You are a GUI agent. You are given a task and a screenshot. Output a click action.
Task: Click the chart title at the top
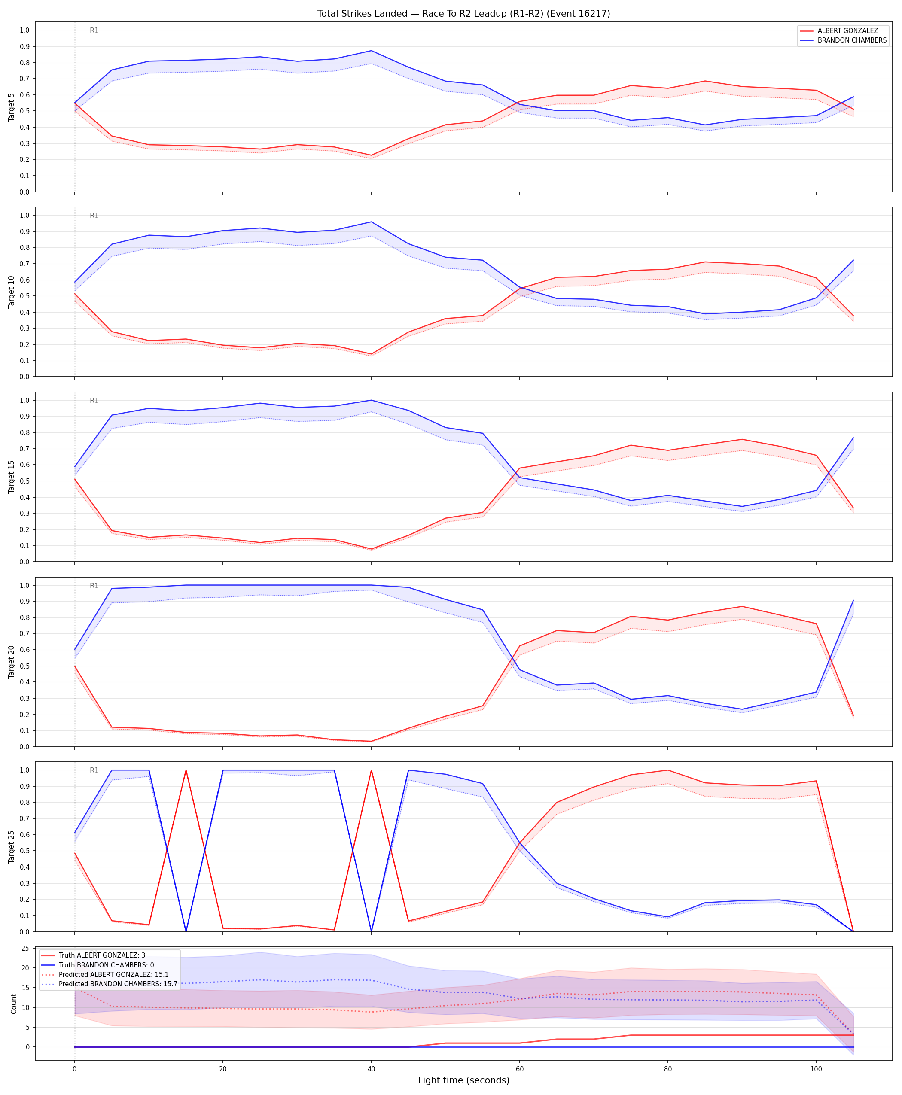click(463, 13)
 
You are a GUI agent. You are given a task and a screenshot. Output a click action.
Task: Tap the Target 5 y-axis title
click(12, 107)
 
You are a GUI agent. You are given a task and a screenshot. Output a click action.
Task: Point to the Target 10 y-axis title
click(12, 292)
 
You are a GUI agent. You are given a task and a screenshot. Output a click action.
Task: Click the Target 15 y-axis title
click(12, 477)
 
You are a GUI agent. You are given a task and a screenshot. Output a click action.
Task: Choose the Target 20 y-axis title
click(12, 662)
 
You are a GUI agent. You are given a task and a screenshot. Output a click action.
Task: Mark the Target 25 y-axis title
click(12, 847)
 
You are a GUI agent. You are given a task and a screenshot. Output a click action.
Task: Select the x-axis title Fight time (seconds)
click(463, 1080)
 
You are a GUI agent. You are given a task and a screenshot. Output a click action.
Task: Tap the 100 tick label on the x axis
click(816, 1069)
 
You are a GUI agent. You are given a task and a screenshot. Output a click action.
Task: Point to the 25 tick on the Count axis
click(25, 949)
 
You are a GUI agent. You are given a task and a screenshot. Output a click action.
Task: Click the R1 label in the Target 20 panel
click(94, 586)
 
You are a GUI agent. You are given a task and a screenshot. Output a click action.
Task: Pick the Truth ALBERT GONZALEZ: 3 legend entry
click(102, 955)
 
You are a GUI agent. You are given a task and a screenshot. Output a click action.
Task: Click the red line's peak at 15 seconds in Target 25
click(186, 770)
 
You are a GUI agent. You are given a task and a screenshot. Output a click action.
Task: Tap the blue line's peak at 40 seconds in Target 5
click(371, 51)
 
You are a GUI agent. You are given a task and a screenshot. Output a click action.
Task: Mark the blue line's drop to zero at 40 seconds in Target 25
click(371, 931)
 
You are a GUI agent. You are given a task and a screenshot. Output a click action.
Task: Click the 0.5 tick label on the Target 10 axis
click(24, 296)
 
